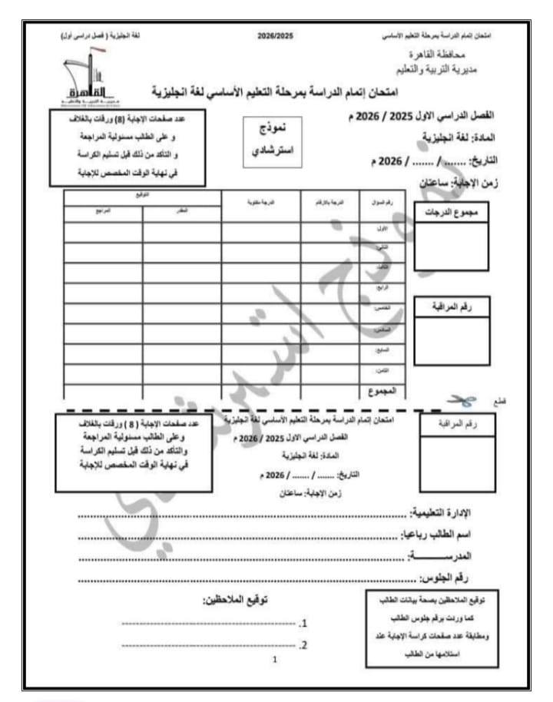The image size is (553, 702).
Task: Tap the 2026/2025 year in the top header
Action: point(276,36)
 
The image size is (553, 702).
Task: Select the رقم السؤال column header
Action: point(381,201)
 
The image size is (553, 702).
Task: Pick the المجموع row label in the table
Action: point(382,391)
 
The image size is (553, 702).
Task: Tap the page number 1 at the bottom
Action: point(275,660)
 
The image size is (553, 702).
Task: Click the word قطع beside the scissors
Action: point(505,401)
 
